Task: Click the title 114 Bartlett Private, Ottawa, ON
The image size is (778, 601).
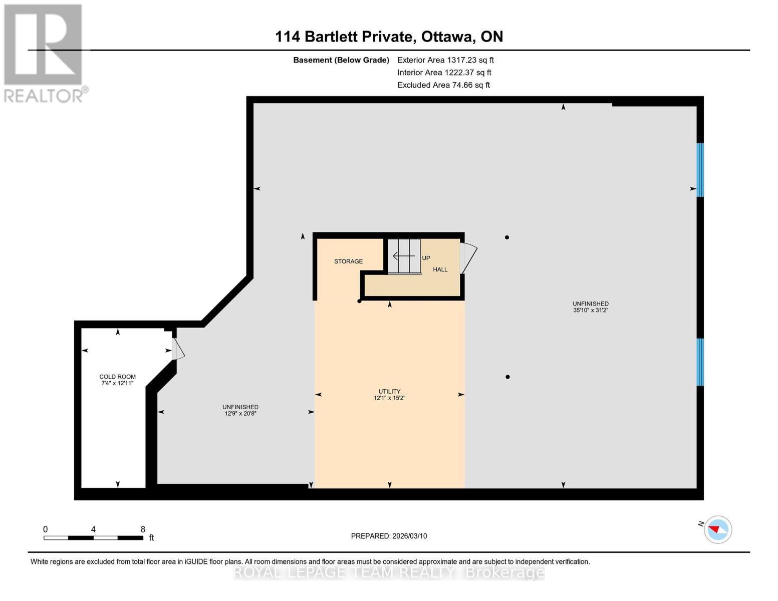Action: [x=389, y=37]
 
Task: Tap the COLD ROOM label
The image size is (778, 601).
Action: [x=117, y=377]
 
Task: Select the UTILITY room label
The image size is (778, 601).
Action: [x=389, y=391]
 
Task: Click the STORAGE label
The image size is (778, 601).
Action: [x=348, y=261]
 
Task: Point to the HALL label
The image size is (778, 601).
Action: [x=440, y=269]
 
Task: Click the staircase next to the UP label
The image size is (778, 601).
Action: [x=404, y=256]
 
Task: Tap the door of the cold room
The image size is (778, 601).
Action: [x=178, y=349]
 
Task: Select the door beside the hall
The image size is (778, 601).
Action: [x=468, y=258]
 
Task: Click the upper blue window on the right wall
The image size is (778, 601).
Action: [x=700, y=170]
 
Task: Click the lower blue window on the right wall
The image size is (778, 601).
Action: [x=700, y=362]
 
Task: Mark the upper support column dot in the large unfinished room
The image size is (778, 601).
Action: [x=507, y=237]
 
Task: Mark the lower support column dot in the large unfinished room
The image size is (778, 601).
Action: [x=507, y=377]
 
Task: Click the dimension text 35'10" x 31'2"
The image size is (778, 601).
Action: [x=591, y=311]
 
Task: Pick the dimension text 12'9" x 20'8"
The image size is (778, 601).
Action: [x=240, y=414]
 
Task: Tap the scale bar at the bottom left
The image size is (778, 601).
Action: [x=93, y=537]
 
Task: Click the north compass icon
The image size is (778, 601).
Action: [x=718, y=529]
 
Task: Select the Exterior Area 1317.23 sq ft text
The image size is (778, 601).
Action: [x=445, y=60]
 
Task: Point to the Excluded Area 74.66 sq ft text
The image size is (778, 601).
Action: [x=443, y=85]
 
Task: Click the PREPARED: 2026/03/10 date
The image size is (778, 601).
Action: [x=389, y=536]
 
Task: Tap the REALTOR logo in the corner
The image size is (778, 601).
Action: [x=44, y=53]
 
